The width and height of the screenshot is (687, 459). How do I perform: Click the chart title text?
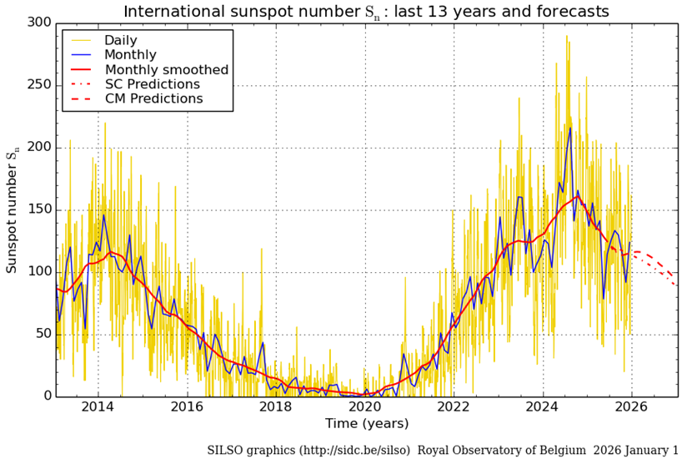tap(366, 11)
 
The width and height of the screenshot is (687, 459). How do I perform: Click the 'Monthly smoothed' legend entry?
tap(166, 69)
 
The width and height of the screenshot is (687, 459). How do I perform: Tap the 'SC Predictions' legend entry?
tap(152, 84)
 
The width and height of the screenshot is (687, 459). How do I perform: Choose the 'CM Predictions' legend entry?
tap(153, 98)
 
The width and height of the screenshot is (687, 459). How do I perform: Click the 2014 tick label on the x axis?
tap(98, 409)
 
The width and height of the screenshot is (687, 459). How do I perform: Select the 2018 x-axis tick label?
tap(276, 409)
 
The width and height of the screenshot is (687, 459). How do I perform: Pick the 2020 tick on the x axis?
tap(365, 409)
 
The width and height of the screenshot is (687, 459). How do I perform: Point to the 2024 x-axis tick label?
tap(543, 409)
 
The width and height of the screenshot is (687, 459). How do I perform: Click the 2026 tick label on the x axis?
tap(632, 409)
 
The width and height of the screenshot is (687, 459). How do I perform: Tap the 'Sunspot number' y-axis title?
tap(13, 209)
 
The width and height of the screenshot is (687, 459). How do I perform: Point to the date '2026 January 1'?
tap(636, 450)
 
